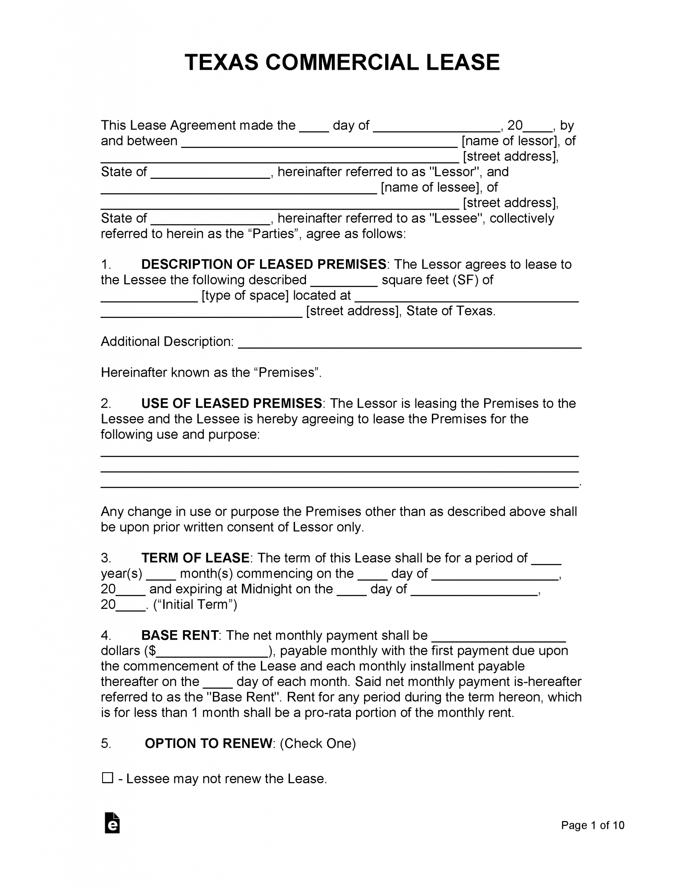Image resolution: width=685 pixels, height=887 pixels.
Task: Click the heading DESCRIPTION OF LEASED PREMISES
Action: pyautogui.click(x=264, y=264)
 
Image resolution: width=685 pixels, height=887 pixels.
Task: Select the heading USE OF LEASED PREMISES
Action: pyautogui.click(x=232, y=403)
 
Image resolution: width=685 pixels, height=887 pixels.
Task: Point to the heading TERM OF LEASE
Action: pyautogui.click(x=195, y=557)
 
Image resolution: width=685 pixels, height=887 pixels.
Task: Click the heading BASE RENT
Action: pyautogui.click(x=180, y=635)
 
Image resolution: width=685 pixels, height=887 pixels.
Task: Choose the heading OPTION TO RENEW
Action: pyautogui.click(x=209, y=743)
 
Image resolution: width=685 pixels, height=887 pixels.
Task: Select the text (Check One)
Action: pyautogui.click(x=318, y=743)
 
